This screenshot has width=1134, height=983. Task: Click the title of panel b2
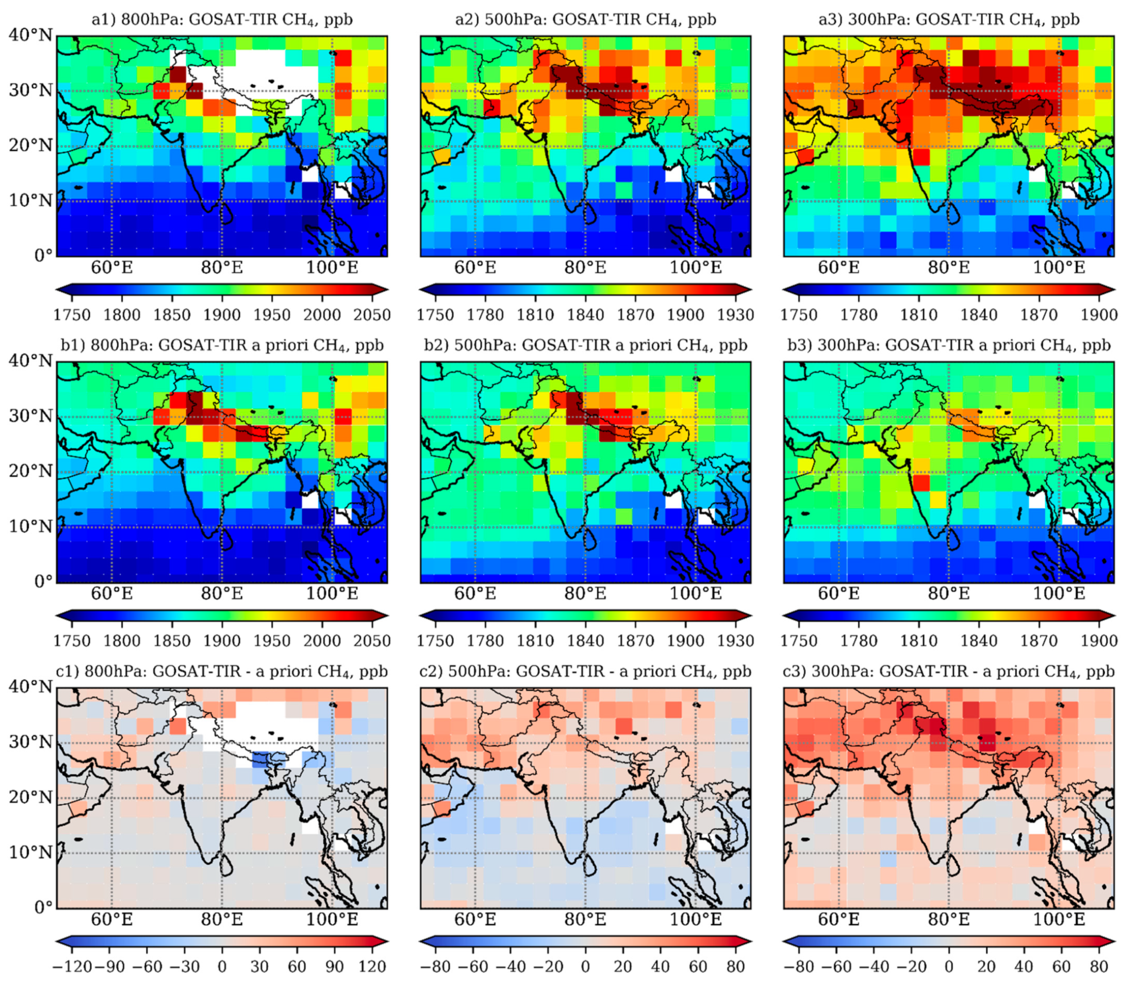coord(585,346)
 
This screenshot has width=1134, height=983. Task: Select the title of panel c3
coord(949,672)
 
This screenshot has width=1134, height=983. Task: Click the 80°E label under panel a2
coord(585,268)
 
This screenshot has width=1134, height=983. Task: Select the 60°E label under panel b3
coord(839,594)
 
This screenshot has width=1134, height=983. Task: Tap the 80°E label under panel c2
coord(585,919)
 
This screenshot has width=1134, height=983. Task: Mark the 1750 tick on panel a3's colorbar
coord(799,315)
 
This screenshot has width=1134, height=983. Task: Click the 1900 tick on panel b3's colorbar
coord(1099,641)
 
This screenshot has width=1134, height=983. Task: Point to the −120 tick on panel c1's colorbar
coord(72,967)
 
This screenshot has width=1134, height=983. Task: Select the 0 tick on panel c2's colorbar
coord(585,967)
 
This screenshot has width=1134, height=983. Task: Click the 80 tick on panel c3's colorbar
coord(1099,967)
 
